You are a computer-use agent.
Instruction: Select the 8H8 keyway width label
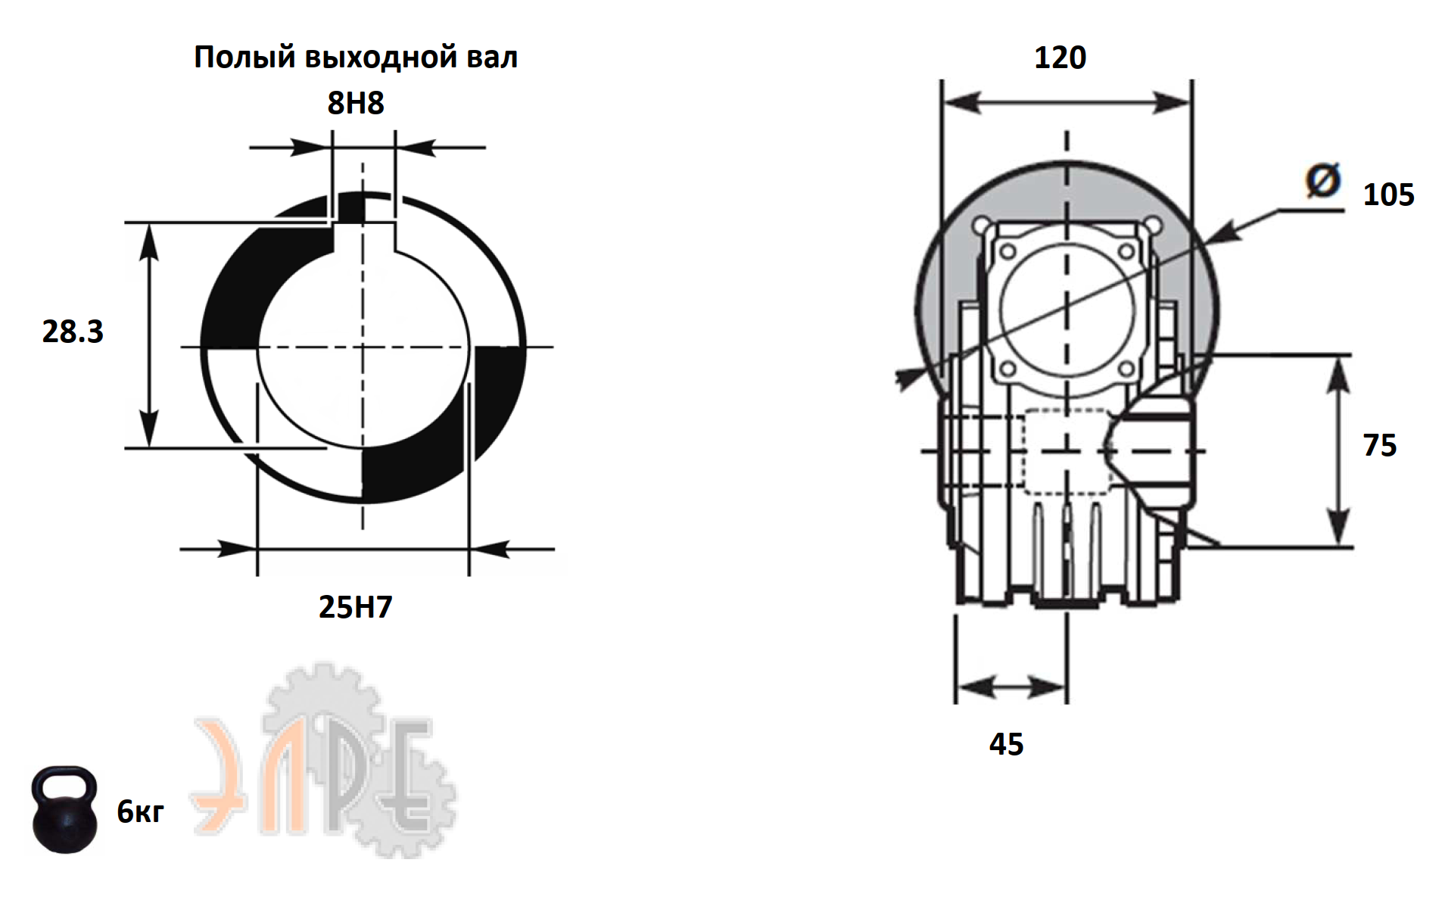click(356, 103)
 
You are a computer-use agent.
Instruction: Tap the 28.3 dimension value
click(73, 332)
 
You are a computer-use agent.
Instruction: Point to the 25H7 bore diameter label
click(356, 607)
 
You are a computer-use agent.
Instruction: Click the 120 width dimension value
click(1060, 58)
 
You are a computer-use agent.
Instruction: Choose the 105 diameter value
click(1388, 195)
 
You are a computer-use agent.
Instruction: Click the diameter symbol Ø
click(1323, 180)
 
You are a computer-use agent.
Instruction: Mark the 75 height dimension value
click(1379, 445)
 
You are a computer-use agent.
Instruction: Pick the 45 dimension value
click(1006, 744)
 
